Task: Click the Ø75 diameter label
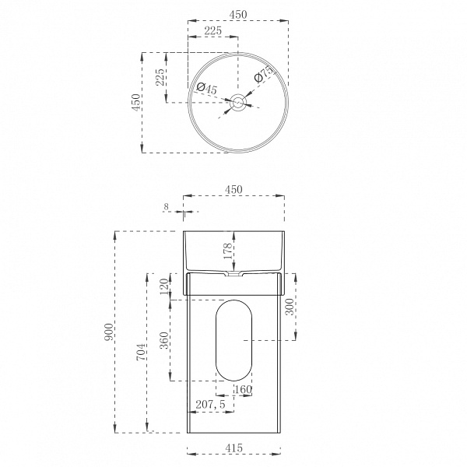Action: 264,74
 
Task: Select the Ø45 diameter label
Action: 207,88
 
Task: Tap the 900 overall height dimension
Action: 109,332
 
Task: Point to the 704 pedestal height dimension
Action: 142,352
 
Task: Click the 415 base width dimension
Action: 233,448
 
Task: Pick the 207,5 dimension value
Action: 211,405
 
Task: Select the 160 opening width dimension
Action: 244,389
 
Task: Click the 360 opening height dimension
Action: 164,340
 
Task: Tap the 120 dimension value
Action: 164,286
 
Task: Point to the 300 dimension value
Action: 290,307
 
